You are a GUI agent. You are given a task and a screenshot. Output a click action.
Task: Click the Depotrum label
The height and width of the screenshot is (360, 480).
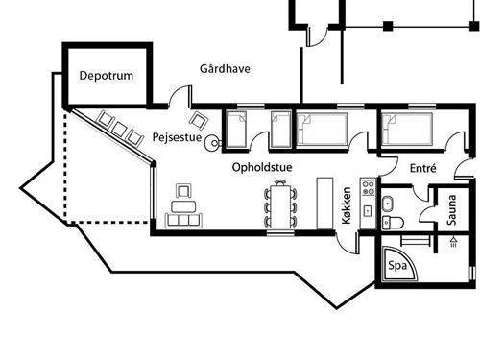click(x=106, y=75)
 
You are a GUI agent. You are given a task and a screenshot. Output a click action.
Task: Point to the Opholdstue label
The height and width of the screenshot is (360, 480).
click(x=262, y=167)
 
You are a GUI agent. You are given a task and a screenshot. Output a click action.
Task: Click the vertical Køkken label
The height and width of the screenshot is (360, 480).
click(x=347, y=204)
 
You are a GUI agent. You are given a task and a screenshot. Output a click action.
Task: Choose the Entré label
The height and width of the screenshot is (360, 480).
click(x=422, y=168)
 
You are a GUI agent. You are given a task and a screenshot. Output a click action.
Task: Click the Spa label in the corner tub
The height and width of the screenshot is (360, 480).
click(x=395, y=266)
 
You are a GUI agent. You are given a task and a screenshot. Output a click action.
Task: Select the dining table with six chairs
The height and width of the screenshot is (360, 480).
click(x=281, y=204)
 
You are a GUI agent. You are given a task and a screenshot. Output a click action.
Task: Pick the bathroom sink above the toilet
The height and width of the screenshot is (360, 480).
click(x=389, y=203)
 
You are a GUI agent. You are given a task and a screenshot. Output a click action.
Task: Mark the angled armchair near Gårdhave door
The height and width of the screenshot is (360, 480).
click(x=200, y=121)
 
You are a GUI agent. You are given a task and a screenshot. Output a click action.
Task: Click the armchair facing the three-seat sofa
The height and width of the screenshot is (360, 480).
click(x=182, y=191)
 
